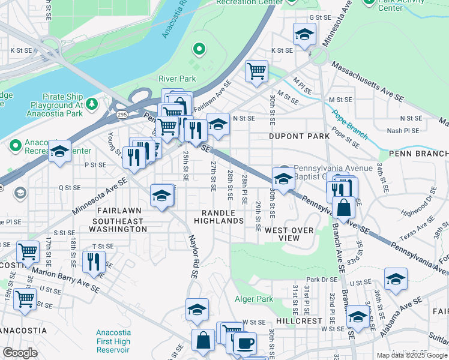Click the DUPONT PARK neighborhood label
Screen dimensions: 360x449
298,136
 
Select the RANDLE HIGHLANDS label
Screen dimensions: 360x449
218,217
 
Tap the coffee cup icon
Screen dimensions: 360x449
244,344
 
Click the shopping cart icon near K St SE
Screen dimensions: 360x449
256,71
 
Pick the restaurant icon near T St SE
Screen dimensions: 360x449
94,262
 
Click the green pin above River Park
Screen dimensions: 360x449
199,49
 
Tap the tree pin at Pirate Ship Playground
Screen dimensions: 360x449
91,104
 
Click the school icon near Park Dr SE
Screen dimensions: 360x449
396,278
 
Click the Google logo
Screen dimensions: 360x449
20,353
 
